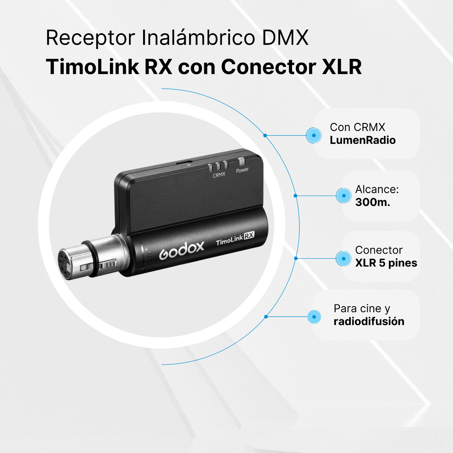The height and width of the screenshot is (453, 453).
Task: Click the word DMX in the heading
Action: click(285, 38)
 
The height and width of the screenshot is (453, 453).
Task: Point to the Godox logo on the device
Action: click(182, 250)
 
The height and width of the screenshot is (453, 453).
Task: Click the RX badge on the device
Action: click(249, 235)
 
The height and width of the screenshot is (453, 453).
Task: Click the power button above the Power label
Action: click(242, 161)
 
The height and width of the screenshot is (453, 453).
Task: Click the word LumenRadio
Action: click(362, 140)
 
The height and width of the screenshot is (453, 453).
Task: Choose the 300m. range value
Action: click(373, 202)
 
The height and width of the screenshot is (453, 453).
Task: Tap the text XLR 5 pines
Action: click(386, 263)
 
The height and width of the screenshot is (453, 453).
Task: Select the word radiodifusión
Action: click(369, 321)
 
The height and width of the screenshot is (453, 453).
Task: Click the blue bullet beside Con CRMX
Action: click(314, 136)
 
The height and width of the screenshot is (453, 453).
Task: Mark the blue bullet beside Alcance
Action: click(344, 196)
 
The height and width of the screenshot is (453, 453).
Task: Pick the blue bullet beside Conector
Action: click(344, 259)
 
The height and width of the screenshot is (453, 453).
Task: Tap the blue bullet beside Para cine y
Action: click(314, 317)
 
